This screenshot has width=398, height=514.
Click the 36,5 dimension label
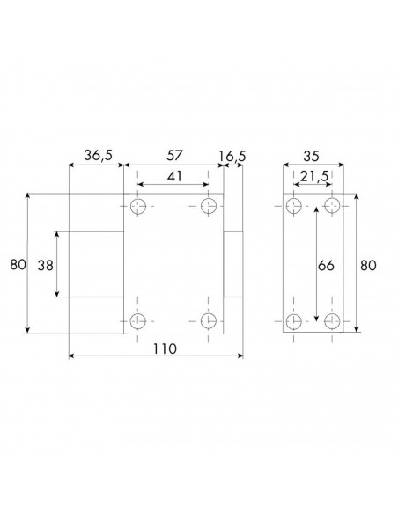98,155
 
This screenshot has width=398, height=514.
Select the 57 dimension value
174,155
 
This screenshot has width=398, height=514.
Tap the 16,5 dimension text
232,157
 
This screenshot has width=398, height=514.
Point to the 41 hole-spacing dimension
174,176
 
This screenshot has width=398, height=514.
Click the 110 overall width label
165,349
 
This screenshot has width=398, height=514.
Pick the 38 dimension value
45,265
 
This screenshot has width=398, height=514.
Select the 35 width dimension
311,157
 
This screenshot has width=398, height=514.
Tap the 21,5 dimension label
314,177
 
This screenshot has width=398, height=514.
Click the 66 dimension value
326,265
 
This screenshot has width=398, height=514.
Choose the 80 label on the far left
18,264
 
